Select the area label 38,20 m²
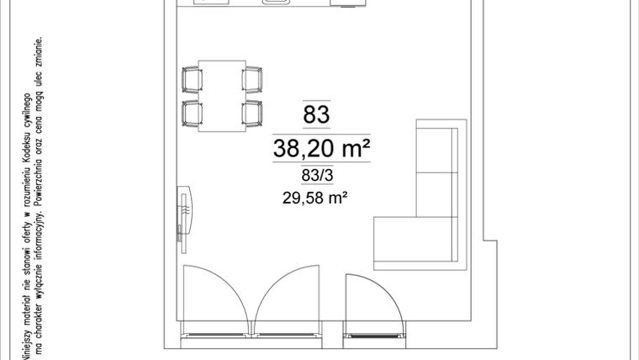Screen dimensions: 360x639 (x=322, y=150)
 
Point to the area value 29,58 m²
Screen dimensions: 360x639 (x=316, y=199)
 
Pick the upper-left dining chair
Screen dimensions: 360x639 (x=193, y=80)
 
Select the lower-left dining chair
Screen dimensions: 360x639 (x=193, y=112)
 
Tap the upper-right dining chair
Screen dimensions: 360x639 (x=252, y=80)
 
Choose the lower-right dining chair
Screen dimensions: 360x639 (x=252, y=112)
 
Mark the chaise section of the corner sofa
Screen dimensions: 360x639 (x=415, y=241)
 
